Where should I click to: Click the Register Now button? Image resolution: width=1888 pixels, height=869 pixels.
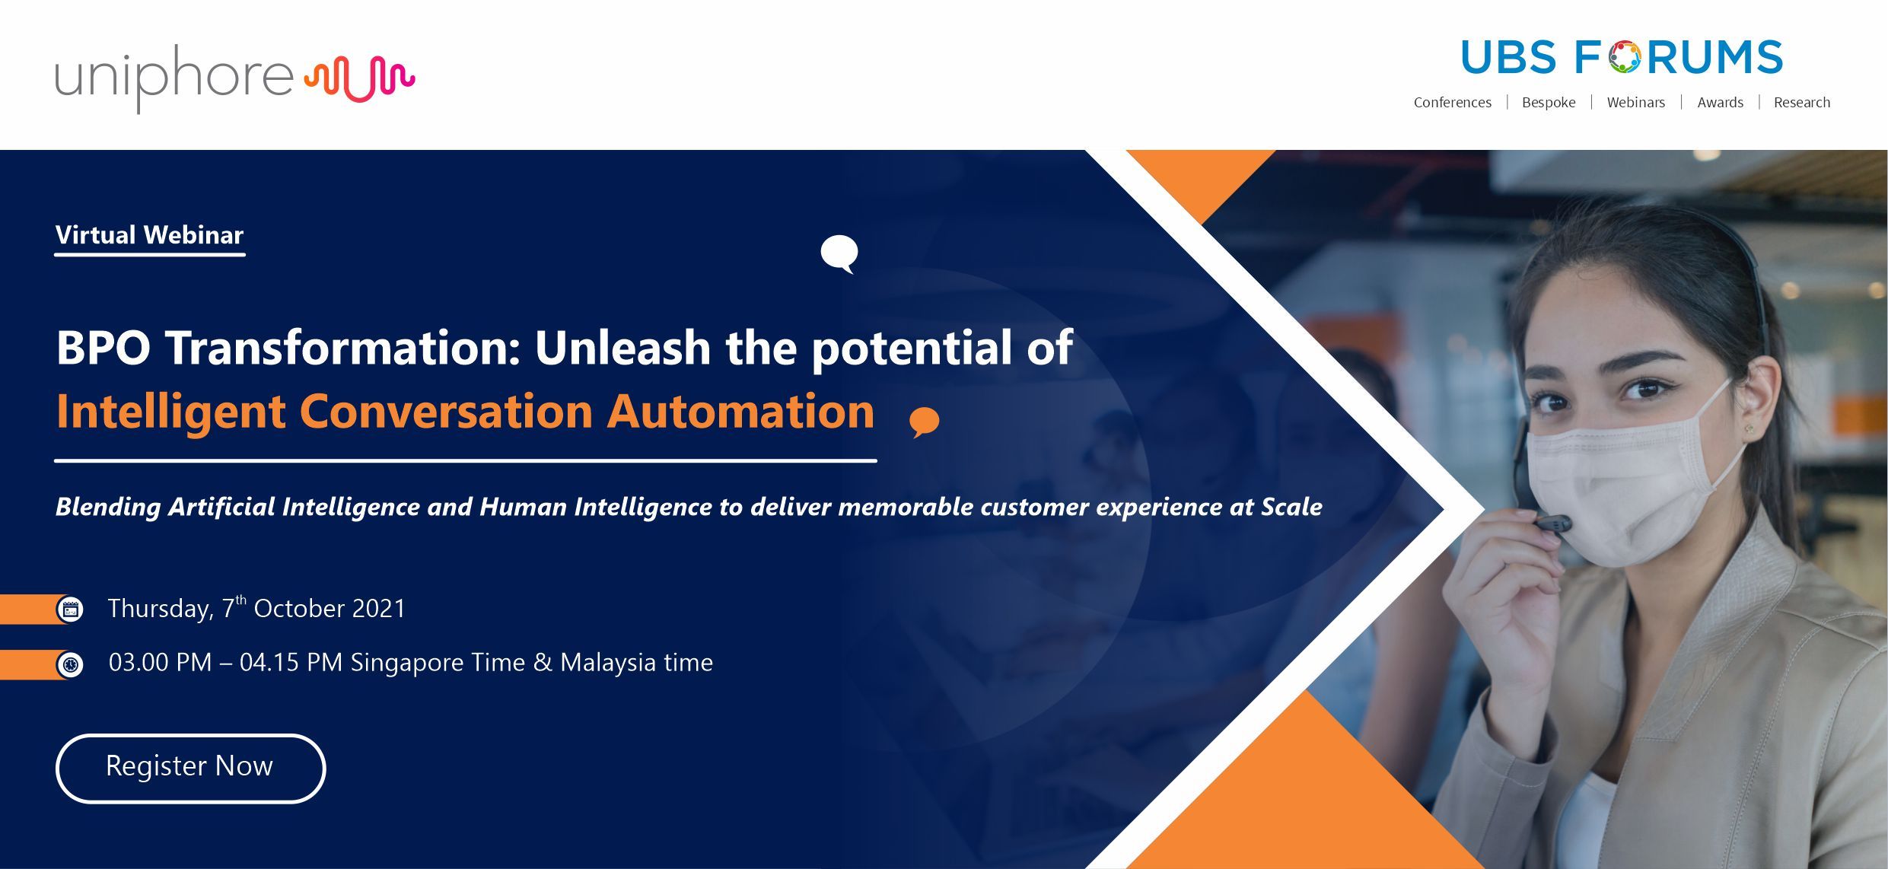click(x=190, y=768)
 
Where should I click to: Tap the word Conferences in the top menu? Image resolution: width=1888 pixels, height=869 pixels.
click(x=1452, y=103)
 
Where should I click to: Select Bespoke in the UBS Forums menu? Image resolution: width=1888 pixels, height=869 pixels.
click(x=1549, y=103)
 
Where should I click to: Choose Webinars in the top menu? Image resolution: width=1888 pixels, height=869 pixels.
click(x=1635, y=103)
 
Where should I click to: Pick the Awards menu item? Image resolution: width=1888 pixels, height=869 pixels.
click(x=1720, y=103)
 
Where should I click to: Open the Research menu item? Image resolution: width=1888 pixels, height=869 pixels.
click(x=1801, y=103)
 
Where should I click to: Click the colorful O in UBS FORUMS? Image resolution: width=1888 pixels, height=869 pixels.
click(x=1624, y=58)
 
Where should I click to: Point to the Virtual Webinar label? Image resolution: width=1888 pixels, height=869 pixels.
click(x=149, y=235)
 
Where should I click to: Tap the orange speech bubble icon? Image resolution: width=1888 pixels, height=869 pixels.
click(x=925, y=422)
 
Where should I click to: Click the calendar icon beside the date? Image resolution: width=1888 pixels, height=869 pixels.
click(x=70, y=610)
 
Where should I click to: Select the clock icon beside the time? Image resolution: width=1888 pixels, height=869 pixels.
click(x=70, y=664)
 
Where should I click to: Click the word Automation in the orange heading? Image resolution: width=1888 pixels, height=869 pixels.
click(x=740, y=412)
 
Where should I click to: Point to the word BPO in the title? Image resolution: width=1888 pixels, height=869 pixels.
click(x=103, y=348)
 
